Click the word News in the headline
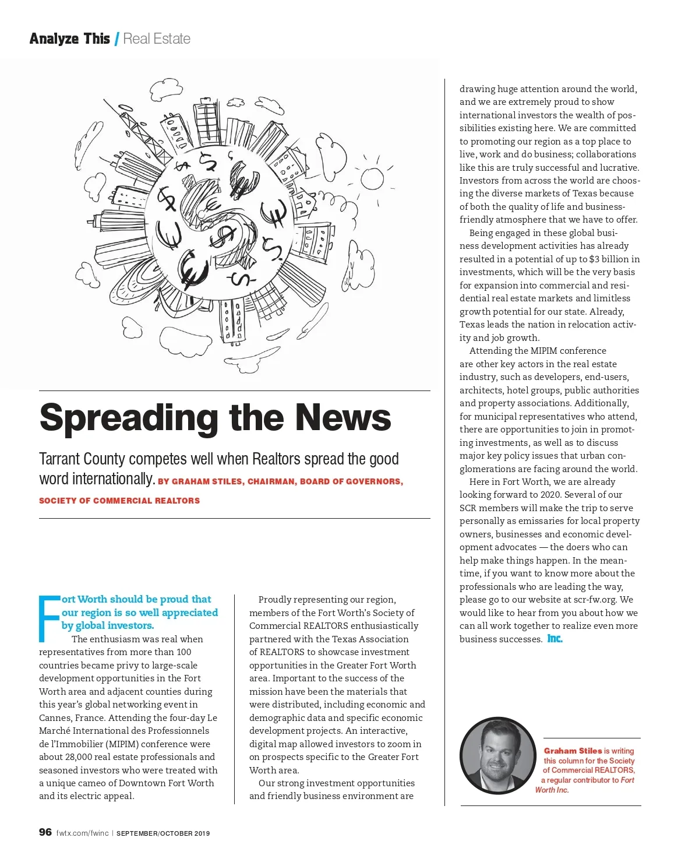(x=343, y=418)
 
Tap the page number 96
(x=45, y=832)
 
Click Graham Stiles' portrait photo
(x=497, y=756)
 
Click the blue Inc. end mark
(x=555, y=639)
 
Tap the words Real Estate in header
(x=157, y=39)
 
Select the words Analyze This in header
(x=69, y=39)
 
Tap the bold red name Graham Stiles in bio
(x=573, y=751)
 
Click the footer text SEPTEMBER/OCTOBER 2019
(x=163, y=833)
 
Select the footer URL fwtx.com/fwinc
(x=82, y=833)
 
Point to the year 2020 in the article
(x=548, y=495)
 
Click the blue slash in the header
(x=116, y=39)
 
